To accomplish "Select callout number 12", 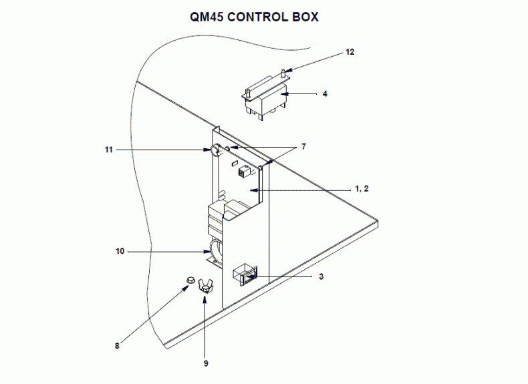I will point(350,51).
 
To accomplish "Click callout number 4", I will point(325,94).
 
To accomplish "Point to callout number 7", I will point(303,146).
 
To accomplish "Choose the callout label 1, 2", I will point(362,189).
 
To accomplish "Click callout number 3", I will point(321,276).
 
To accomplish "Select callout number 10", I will point(120,251).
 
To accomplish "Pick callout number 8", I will point(117,345).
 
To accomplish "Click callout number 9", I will point(206,363).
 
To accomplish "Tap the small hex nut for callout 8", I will point(190,281).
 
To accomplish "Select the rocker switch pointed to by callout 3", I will point(244,273).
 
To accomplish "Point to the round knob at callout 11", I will point(216,151).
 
